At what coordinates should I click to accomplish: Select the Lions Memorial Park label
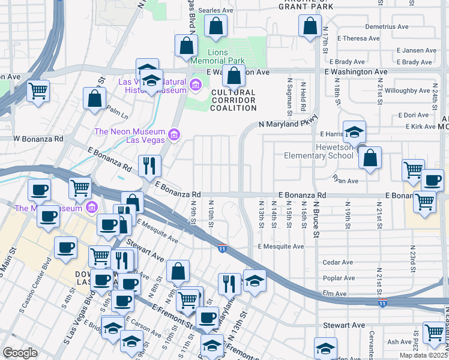click(217, 56)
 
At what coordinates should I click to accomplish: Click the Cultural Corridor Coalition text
click(234, 100)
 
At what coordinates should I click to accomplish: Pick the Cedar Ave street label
click(338, 262)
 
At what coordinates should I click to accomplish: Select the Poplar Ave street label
click(339, 278)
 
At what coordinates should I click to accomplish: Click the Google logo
click(20, 353)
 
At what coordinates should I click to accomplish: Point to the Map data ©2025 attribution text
click(423, 355)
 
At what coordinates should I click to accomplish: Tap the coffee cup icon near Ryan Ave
click(432, 179)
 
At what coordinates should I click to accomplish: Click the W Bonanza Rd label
click(38, 139)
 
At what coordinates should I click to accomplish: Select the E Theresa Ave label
click(358, 38)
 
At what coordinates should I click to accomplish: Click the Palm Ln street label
click(117, 113)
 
